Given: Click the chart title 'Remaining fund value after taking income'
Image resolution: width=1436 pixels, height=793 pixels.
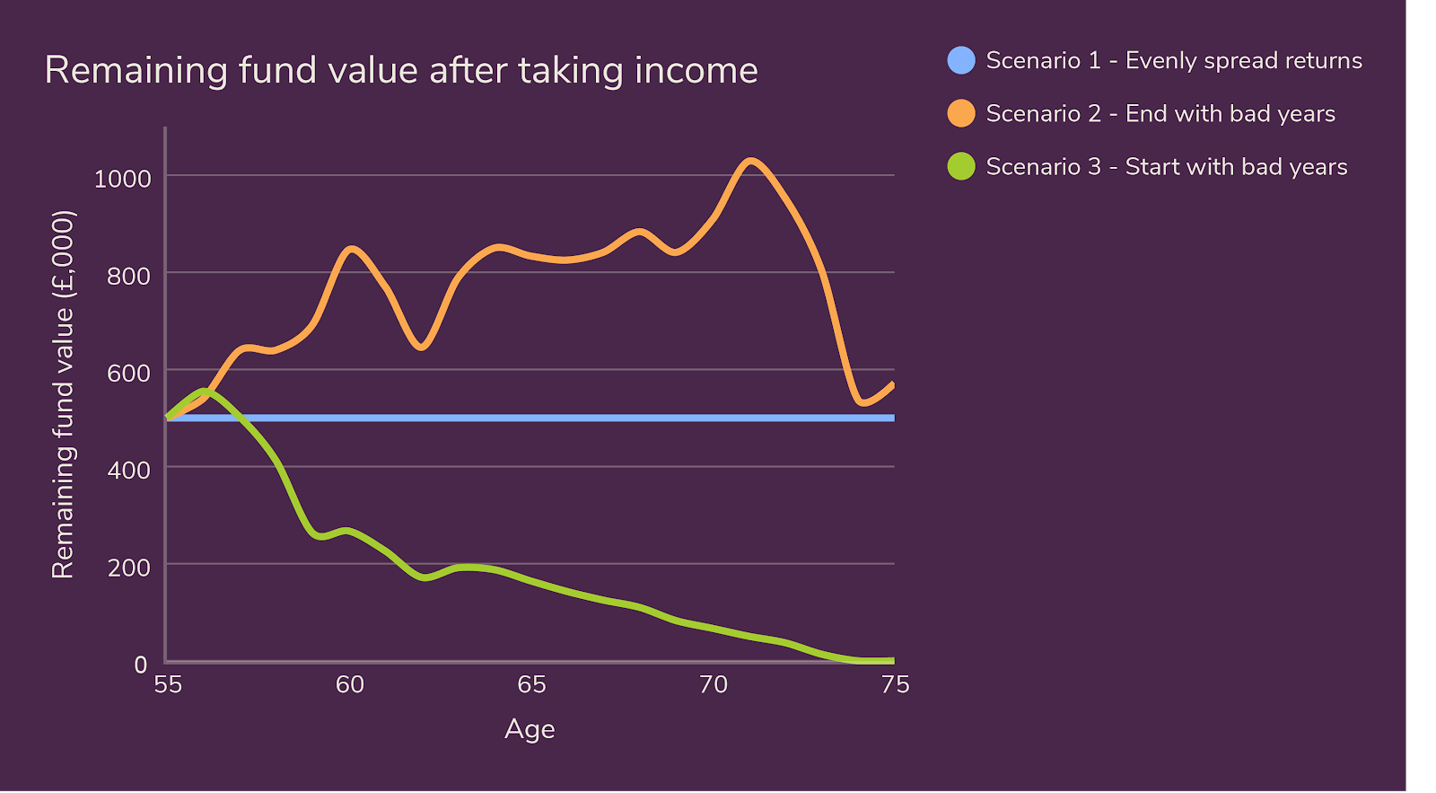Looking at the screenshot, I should pos(401,70).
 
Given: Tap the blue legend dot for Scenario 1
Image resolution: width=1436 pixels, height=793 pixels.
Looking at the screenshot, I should pos(961,60).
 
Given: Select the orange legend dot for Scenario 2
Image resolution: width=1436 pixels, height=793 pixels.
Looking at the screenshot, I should pos(961,113).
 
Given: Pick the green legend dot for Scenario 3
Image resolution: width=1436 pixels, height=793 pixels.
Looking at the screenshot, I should pos(961,166).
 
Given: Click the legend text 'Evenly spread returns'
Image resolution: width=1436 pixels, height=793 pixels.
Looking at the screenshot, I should pos(1243,60).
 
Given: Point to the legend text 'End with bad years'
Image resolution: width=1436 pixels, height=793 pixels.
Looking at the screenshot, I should pos(1230,113).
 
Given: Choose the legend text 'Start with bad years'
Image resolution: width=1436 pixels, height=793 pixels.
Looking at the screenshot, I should pos(1236,166).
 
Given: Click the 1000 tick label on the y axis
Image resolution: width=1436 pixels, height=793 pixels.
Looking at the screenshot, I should pos(122,178).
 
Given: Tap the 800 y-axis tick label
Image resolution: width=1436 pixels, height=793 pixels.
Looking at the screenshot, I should pos(128,276).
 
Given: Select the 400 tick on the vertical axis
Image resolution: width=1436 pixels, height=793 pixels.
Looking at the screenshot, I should pos(128,470).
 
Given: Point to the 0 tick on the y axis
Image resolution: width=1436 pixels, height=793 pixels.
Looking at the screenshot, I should pos(141,665).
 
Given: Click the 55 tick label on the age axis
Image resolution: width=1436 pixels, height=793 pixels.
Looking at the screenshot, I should pos(168,684).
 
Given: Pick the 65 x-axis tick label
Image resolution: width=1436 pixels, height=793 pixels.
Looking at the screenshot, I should pos(531,684).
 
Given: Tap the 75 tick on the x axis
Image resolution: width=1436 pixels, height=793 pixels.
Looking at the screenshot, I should pos(895,684).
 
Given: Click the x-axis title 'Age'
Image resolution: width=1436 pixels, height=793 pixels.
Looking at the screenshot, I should pos(530,728).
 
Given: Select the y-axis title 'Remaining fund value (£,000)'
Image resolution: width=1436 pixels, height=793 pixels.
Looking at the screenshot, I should pos(63,395).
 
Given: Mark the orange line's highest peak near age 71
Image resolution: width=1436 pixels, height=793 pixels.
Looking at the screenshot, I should pos(750,161).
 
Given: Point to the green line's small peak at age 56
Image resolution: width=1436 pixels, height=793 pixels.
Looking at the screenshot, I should pos(205,391).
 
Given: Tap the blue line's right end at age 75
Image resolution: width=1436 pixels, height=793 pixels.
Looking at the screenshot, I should pos(893,418).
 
